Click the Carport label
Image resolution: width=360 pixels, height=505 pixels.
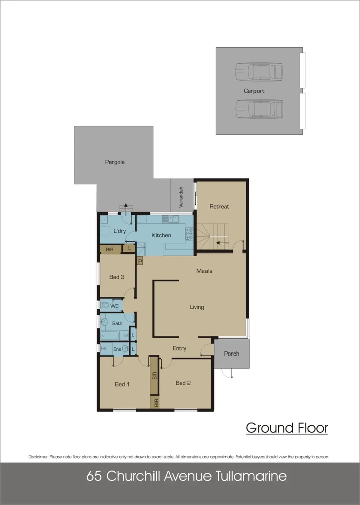click(254, 91)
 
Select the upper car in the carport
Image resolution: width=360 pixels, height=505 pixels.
click(259, 71)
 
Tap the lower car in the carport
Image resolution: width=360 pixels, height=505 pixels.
click(259, 108)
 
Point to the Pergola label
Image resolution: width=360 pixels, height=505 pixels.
click(115, 163)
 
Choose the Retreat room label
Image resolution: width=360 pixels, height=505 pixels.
click(219, 207)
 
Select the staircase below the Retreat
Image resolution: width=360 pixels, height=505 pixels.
click(213, 236)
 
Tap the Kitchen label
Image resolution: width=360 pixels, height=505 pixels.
click(162, 236)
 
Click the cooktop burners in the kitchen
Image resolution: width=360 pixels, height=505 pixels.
click(190, 233)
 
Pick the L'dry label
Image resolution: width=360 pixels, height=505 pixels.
click(119, 231)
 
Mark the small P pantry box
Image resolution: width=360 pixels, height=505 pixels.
click(140, 261)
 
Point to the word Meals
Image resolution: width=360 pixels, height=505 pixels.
click(204, 271)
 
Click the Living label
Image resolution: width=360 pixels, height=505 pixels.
click(197, 307)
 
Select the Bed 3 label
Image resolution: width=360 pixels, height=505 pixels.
click(117, 277)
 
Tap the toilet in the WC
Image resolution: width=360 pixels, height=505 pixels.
click(106, 306)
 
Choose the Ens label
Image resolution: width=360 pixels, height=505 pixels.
click(117, 349)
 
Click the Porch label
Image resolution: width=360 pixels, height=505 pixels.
click(231, 354)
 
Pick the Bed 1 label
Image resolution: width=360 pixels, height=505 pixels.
click(122, 384)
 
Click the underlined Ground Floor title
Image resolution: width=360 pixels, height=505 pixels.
click(287, 428)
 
